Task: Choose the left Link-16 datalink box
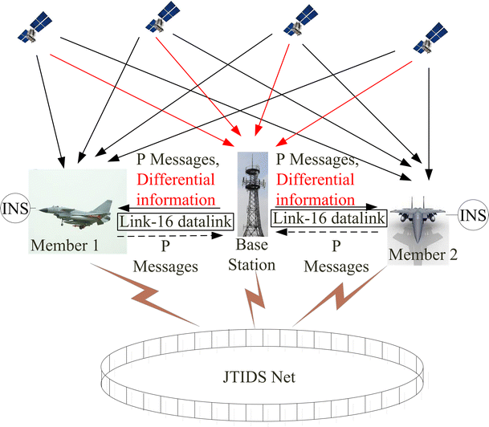(169, 219)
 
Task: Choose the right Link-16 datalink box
(329, 218)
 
